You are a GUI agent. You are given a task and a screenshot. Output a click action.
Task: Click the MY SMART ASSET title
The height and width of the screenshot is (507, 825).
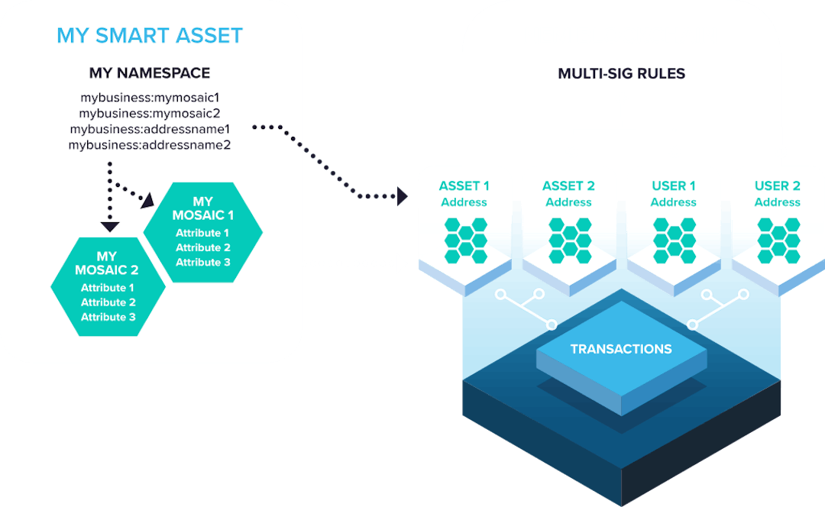(x=150, y=35)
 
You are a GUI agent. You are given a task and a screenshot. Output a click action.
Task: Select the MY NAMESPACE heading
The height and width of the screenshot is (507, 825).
(x=150, y=73)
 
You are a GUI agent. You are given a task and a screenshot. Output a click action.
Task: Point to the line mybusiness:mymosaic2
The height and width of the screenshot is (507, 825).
(x=150, y=113)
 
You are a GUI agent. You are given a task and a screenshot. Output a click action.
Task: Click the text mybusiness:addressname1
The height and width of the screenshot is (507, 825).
(x=150, y=129)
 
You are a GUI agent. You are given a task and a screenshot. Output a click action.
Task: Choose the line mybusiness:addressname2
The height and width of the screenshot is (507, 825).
(x=150, y=144)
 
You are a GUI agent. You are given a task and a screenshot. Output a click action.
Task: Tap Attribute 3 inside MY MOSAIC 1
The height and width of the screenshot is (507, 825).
(x=203, y=262)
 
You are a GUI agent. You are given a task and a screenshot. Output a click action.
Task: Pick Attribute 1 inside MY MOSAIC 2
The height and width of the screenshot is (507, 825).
(x=108, y=288)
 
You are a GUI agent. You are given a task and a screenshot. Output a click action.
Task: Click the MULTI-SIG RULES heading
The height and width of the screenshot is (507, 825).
(x=621, y=74)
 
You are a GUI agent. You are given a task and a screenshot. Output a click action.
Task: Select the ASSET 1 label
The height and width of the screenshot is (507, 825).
(x=464, y=186)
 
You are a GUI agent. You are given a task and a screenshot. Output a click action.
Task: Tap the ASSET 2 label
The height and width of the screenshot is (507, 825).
(x=568, y=186)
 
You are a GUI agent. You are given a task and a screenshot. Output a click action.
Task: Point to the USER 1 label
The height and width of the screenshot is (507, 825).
(x=673, y=186)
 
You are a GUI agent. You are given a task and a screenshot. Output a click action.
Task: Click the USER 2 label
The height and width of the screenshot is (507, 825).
(x=777, y=186)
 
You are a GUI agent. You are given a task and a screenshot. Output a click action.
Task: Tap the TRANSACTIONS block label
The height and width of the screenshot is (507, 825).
(x=621, y=349)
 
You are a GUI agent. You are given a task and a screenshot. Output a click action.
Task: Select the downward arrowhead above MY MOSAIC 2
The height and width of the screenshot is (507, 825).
(x=110, y=226)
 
